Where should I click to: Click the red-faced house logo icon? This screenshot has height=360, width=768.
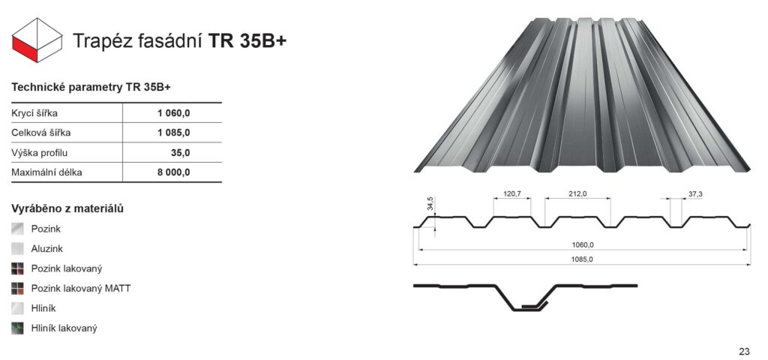tap(37, 40)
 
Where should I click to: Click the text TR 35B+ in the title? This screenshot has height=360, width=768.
tap(247, 41)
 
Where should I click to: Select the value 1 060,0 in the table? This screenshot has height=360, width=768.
tap(174, 113)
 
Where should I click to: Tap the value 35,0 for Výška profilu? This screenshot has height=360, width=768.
tap(180, 153)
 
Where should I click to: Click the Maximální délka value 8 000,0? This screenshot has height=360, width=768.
tap(174, 172)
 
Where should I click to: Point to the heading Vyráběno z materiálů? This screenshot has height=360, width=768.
tap(67, 209)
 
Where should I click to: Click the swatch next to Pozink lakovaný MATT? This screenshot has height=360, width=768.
tap(18, 289)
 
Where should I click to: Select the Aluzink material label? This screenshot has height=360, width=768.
tap(47, 249)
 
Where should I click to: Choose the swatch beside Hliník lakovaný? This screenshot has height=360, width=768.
tap(18, 328)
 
